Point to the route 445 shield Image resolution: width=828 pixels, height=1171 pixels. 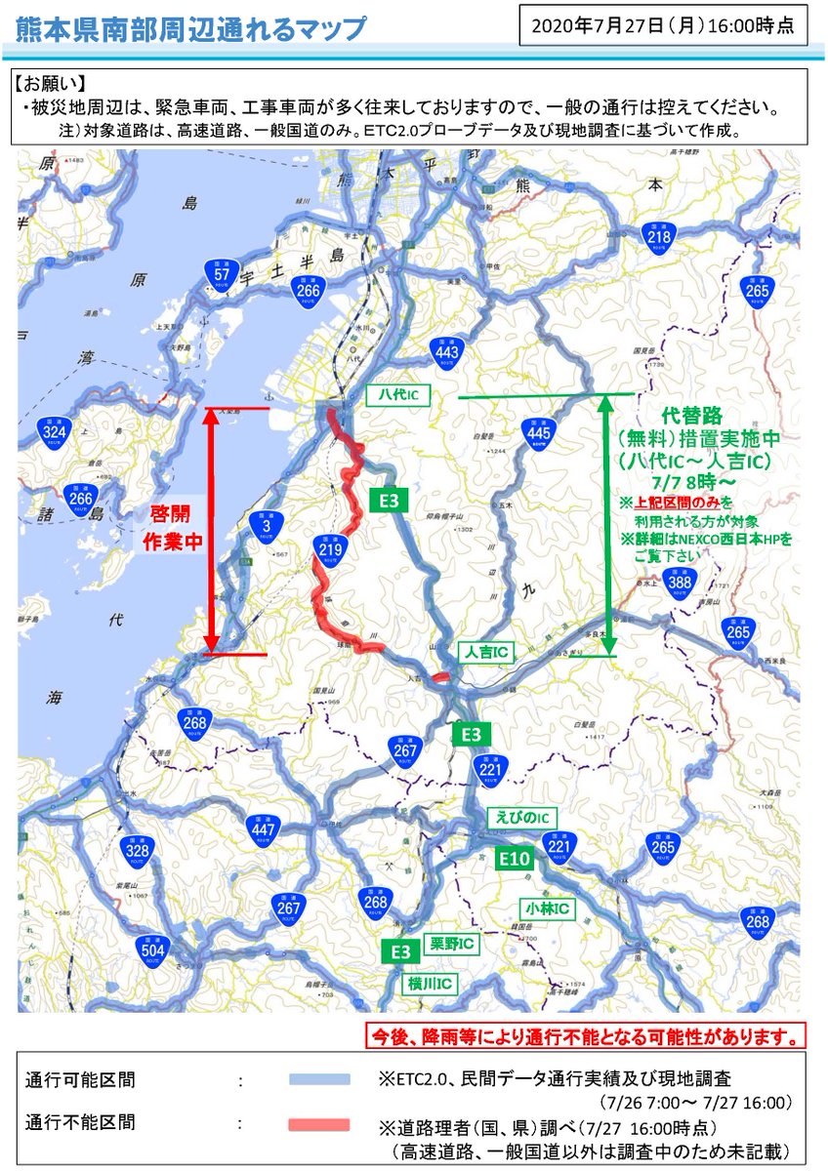click(x=538, y=432)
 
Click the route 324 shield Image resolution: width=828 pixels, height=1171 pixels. click(x=55, y=430)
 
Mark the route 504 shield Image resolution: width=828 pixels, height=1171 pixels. click(x=153, y=949)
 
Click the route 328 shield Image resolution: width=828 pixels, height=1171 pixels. click(x=136, y=851)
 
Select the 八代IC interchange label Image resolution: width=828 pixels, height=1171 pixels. click(x=398, y=395)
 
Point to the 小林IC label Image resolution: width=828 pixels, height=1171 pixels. click(x=546, y=909)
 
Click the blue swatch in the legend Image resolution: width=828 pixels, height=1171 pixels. click(x=319, y=1080)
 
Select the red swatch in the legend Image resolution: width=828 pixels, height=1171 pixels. click(x=319, y=1124)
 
